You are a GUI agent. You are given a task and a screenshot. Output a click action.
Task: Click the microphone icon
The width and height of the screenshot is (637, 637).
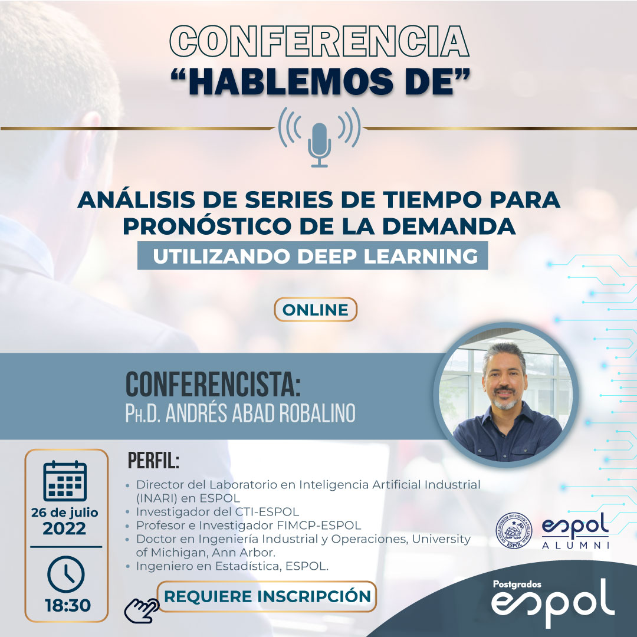[319, 145]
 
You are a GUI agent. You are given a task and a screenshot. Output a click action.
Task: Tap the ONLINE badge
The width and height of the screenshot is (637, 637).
[315, 310]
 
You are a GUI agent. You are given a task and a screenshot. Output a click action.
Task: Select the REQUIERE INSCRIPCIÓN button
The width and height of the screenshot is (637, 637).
[267, 596]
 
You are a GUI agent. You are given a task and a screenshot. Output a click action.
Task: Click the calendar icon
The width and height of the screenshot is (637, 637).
[65, 481]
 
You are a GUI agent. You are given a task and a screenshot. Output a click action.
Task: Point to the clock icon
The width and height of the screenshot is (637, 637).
[66, 574]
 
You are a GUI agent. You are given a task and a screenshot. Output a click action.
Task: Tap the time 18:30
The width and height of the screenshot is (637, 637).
[67, 605]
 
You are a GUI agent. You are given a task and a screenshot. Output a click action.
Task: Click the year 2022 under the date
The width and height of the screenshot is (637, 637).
[65, 528]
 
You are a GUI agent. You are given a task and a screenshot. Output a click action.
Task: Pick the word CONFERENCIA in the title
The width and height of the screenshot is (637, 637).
[319, 41]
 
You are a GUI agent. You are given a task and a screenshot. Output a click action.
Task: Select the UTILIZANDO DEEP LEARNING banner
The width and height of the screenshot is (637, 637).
[313, 255]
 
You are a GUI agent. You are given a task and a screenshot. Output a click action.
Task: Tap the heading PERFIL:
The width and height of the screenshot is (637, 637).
[153, 461]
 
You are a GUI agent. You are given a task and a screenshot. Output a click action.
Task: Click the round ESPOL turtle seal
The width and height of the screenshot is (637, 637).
[514, 531]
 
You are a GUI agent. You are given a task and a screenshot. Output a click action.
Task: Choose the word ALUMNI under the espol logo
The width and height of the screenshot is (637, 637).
[576, 545]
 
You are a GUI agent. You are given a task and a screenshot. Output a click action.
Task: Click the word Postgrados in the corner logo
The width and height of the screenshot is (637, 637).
[517, 584]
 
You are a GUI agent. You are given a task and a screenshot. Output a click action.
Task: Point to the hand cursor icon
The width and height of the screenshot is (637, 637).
[141, 610]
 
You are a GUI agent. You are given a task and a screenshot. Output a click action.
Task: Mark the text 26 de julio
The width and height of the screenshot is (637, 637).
[65, 513]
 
